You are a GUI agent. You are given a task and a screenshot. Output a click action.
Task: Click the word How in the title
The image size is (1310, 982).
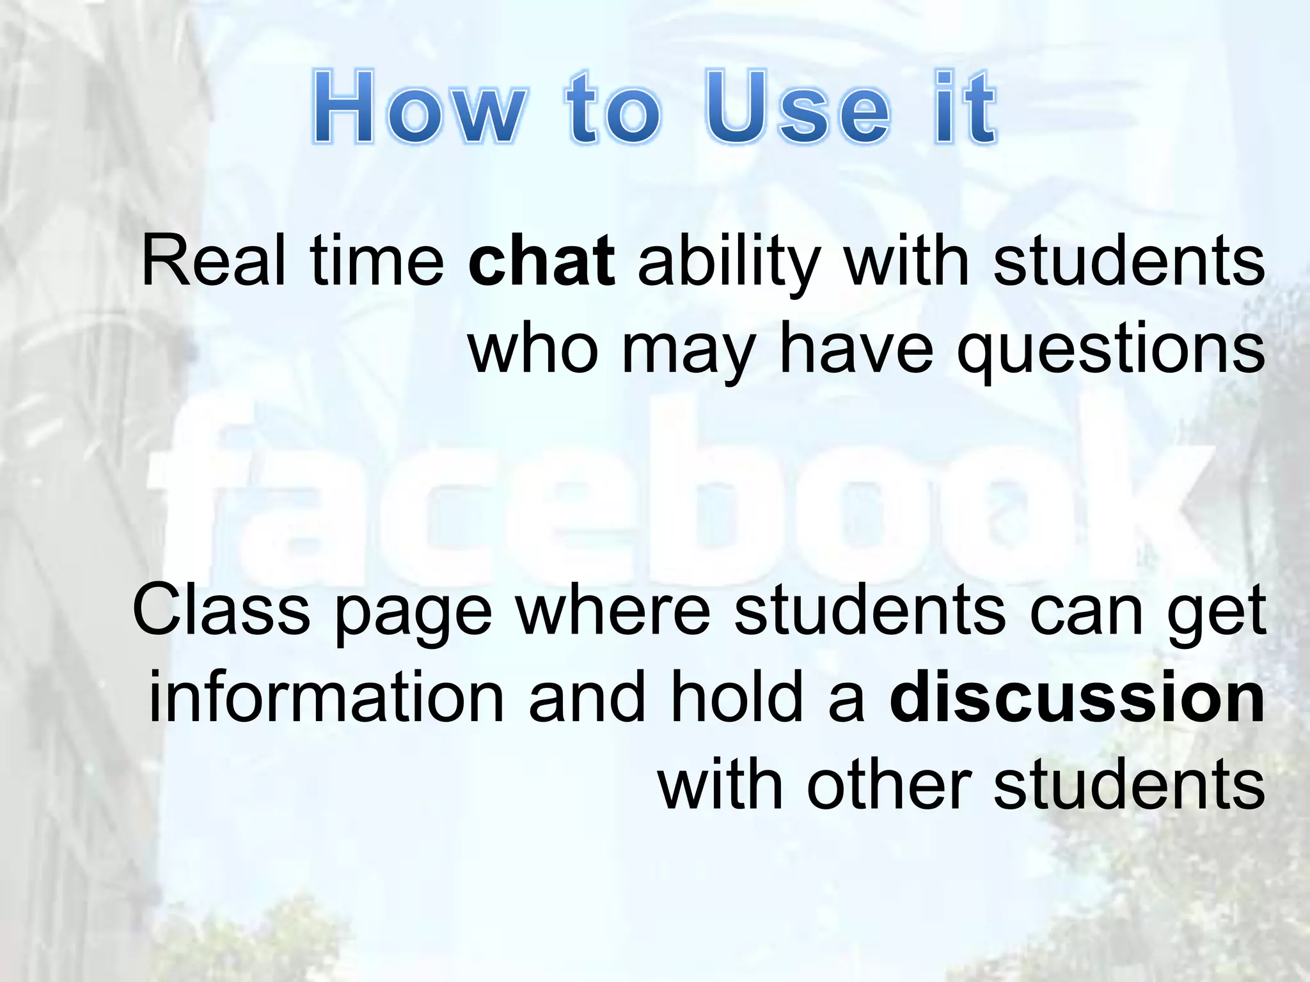pos(419,107)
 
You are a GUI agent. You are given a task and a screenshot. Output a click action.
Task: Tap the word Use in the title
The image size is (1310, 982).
pos(797,107)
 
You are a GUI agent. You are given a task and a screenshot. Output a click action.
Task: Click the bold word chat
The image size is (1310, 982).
pos(541,261)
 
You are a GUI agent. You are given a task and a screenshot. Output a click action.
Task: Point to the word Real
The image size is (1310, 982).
pos(214,261)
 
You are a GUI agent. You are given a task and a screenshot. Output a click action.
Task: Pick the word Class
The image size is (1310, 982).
pos(221,611)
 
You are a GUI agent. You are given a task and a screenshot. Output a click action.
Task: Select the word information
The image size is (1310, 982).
pos(326,698)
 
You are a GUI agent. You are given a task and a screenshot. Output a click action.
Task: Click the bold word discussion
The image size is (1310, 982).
pos(1077,698)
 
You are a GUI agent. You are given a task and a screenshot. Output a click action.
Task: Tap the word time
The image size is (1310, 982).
pos(377,261)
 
